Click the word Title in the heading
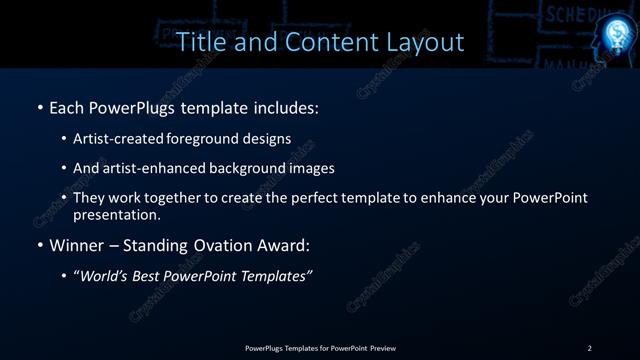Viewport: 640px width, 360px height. click(x=200, y=42)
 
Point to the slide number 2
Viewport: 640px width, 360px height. click(x=589, y=348)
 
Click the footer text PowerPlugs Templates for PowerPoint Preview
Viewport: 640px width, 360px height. click(x=320, y=348)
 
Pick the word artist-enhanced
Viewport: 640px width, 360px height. click(x=153, y=168)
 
